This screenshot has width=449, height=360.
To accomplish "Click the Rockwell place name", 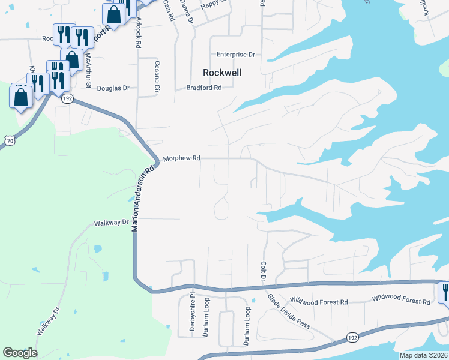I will click(222, 72).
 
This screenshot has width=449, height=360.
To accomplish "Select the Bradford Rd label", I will click(204, 87).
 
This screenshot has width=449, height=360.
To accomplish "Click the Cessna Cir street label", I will click(157, 78).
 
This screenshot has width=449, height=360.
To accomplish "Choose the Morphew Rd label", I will click(181, 158).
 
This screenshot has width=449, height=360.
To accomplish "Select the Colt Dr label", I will click(263, 272).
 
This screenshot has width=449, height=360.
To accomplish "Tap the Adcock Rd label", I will click(138, 33).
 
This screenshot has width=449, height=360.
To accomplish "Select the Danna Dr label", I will click(190, 12).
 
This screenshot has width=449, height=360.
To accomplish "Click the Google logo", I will click(20, 353).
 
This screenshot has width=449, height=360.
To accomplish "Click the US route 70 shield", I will click(8, 139).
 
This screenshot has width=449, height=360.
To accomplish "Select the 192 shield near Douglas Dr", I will click(68, 98).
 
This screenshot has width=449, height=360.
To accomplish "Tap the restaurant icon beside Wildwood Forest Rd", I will click(445, 292).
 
